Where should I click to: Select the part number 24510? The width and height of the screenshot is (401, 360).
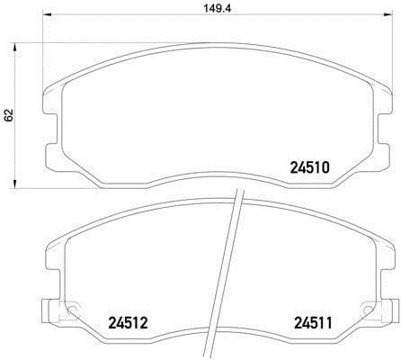pos(310,167)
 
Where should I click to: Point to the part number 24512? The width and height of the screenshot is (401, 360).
pos(128,320)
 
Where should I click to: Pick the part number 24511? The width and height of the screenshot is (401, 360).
pos(309,320)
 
